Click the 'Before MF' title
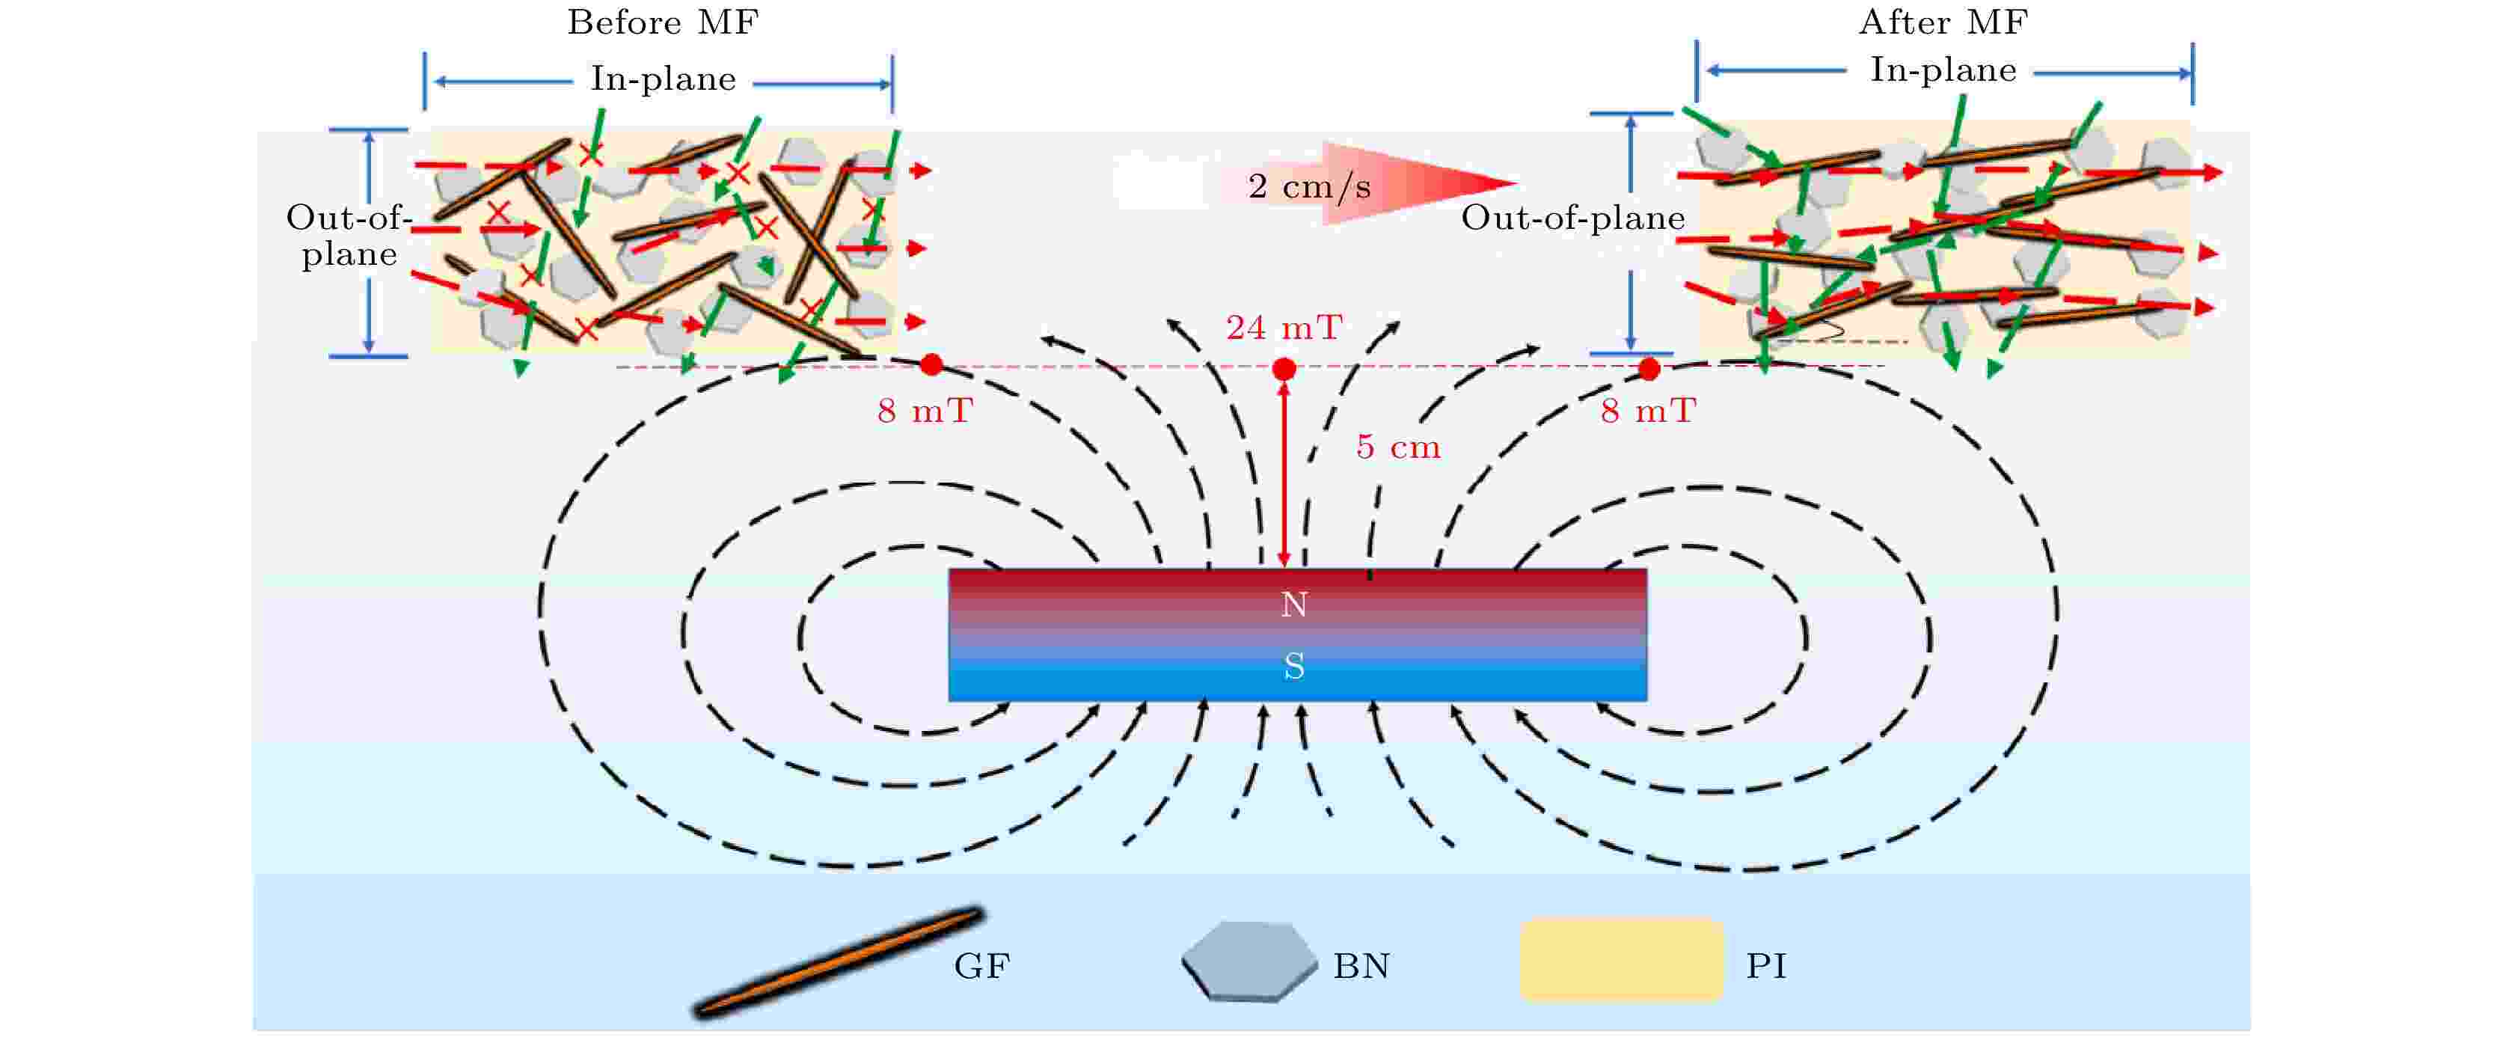point(663,22)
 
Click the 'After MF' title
point(1943,22)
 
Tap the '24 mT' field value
point(1284,328)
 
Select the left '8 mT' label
point(924,411)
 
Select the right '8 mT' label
point(1648,411)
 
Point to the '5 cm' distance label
point(1398,447)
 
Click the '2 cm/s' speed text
point(1309,186)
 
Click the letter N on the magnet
point(1294,605)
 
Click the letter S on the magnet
point(1294,667)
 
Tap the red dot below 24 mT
point(1284,370)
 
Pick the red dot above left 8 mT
point(931,364)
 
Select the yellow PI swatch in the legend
point(1621,960)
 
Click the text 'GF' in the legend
point(981,966)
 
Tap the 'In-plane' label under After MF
point(1943,71)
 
